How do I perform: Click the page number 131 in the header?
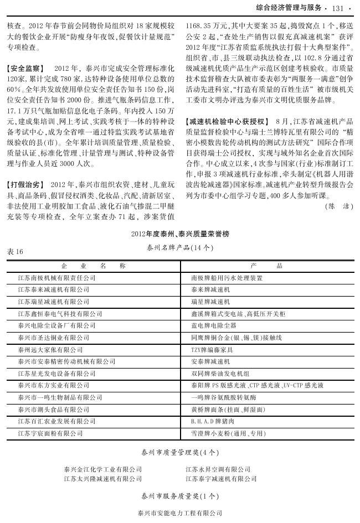click(x=338, y=8)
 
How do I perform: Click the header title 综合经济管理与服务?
click(x=290, y=8)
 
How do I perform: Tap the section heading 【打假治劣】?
click(x=24, y=183)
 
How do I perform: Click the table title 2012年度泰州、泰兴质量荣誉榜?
click(x=179, y=235)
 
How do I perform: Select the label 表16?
click(x=15, y=251)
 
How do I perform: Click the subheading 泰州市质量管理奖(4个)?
click(x=179, y=452)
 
